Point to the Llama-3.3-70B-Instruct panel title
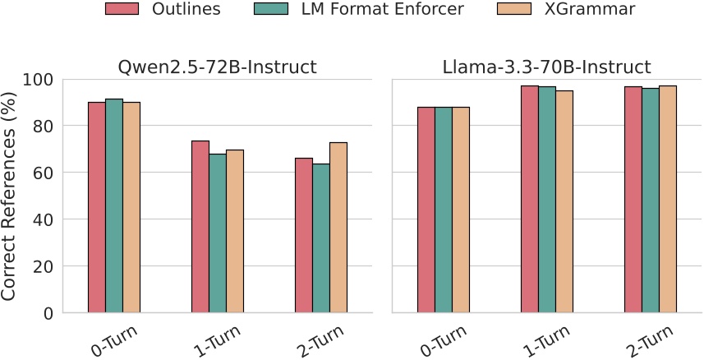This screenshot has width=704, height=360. (x=546, y=67)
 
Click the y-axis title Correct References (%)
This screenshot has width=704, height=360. (x=13, y=196)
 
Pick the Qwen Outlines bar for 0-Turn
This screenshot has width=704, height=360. (x=97, y=207)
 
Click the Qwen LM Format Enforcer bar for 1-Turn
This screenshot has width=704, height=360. (x=218, y=233)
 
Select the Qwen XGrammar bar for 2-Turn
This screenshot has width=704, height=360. (x=338, y=228)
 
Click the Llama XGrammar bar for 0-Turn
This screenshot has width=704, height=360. (x=460, y=210)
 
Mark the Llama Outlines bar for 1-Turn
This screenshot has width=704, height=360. (x=529, y=199)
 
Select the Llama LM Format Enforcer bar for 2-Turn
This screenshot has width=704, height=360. (x=650, y=201)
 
